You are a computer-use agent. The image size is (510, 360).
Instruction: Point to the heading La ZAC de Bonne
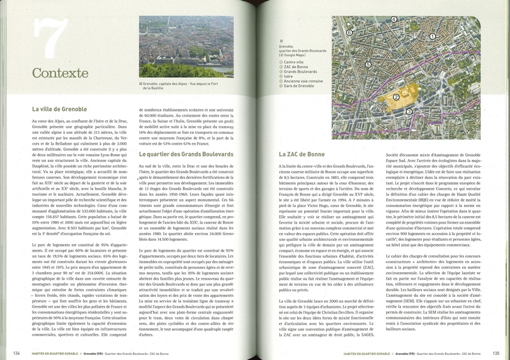click(302, 154)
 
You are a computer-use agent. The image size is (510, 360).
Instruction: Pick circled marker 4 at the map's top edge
click(394, 20)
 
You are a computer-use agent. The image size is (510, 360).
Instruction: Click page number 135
click(494, 351)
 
